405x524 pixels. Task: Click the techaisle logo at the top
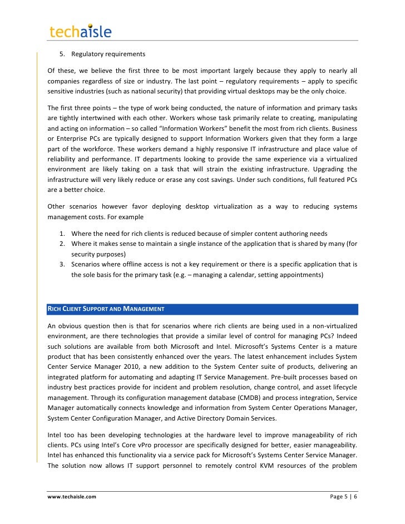click(x=80, y=31)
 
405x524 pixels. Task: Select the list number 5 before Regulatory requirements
click(x=62, y=54)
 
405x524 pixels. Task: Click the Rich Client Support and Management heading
click(x=106, y=308)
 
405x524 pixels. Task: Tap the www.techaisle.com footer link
click(x=72, y=496)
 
